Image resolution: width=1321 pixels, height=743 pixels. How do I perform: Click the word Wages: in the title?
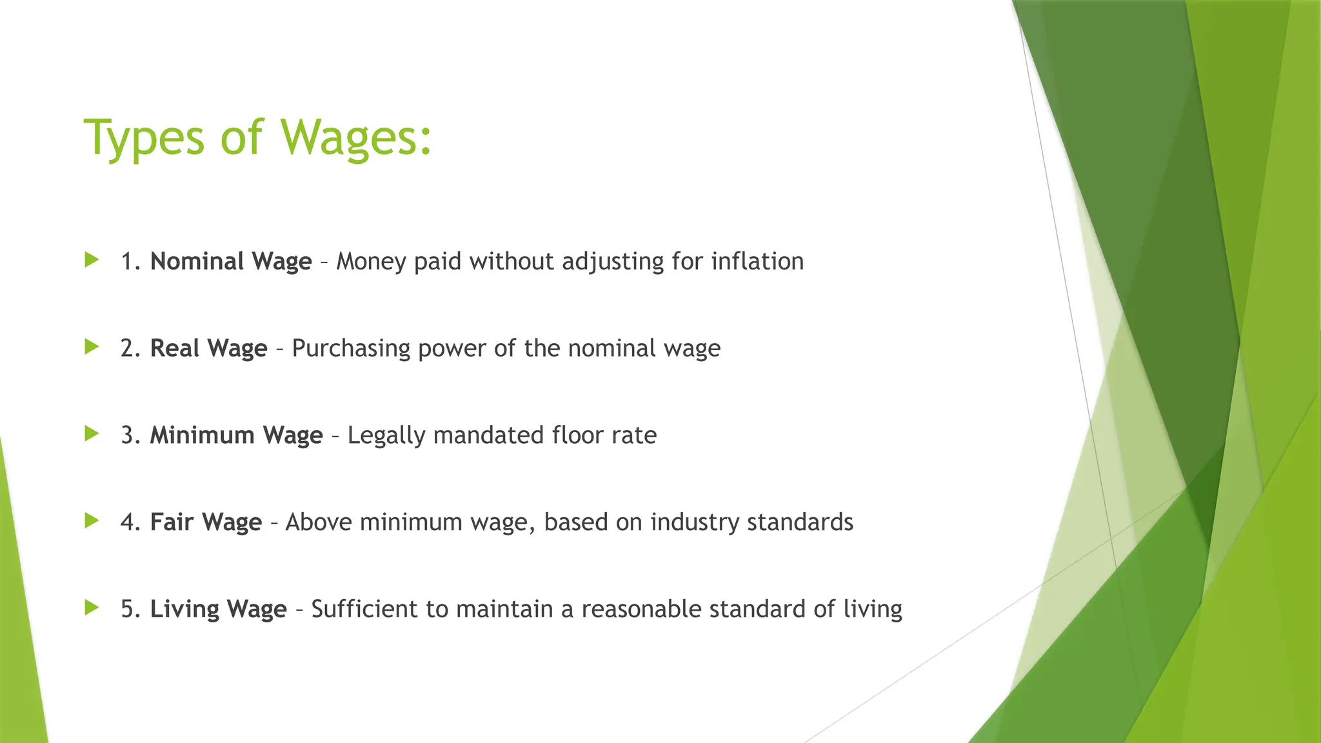356,137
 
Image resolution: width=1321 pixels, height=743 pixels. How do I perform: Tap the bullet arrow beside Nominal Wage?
92,260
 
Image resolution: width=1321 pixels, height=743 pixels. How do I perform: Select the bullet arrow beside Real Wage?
92,347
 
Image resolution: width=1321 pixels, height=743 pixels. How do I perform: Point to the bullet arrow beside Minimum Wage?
92,434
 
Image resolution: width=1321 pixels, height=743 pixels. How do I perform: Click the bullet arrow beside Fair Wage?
92,520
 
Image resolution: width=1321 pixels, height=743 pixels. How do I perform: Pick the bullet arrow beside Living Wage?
92,608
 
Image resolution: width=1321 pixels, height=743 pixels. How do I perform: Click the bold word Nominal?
197,261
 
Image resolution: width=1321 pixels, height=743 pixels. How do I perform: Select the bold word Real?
175,348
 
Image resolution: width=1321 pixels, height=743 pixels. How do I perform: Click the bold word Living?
184,609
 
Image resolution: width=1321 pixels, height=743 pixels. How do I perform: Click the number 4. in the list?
130,522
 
